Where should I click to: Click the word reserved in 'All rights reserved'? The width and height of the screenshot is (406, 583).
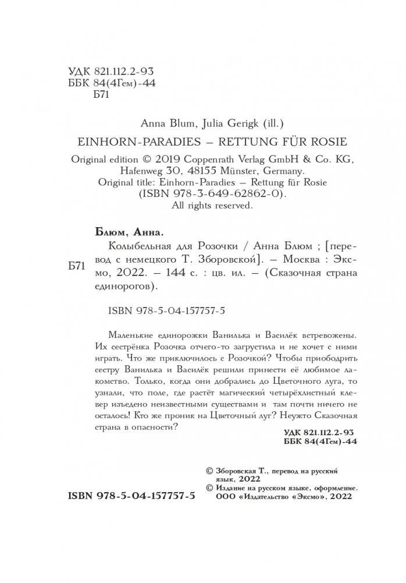(x=231, y=205)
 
